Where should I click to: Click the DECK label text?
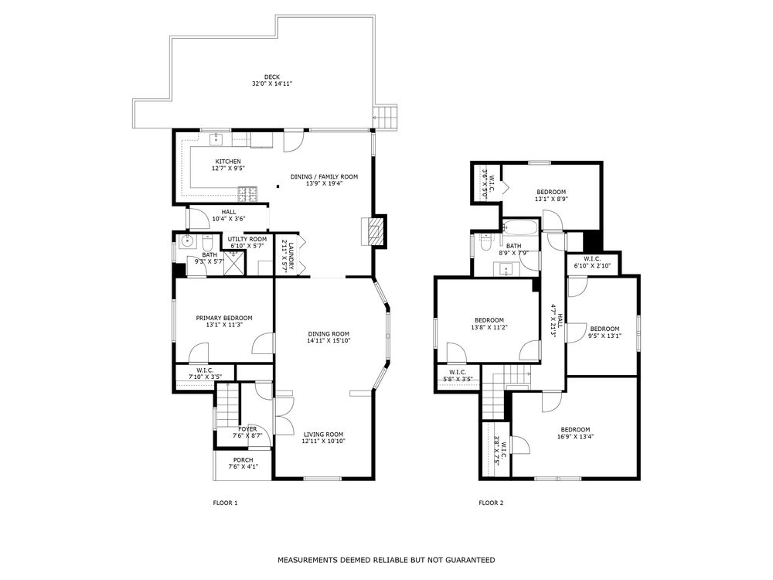point(271,77)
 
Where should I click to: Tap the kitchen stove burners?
point(247,194)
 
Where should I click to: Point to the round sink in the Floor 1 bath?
point(186,241)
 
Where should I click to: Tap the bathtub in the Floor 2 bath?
point(520,227)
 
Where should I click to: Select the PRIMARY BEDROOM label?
point(224,318)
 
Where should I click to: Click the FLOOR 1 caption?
point(225,503)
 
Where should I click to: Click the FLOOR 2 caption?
point(491,503)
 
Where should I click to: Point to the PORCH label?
point(243,459)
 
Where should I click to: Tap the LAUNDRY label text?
point(291,255)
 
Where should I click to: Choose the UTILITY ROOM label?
point(247,239)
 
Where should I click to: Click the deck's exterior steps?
point(385,117)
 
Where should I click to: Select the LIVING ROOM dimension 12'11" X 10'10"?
point(323,442)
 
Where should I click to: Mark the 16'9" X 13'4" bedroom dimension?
point(575,436)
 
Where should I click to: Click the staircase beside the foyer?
point(227,407)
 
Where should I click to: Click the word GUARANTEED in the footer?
point(470,560)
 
